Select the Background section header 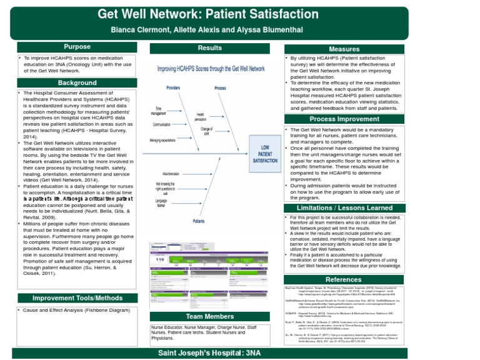[77, 83]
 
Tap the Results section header [209, 48]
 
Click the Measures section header [344, 49]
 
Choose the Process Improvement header [344, 119]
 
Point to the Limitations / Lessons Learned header [344, 208]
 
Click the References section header [344, 279]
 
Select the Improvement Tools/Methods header [77, 298]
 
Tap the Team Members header [209, 317]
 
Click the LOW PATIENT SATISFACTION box [265, 154]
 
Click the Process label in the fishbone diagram [220, 88]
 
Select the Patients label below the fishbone [198, 221]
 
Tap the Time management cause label [158, 111]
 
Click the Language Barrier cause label [161, 203]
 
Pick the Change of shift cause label [206, 131]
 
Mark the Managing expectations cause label [162, 141]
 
